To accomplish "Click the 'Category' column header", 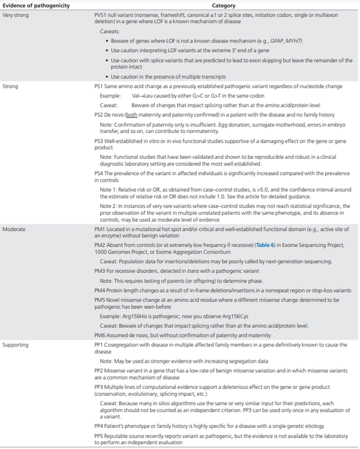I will point(219,5).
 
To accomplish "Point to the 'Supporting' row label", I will point(16,345).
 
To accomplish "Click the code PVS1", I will point(101,13).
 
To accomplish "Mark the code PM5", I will point(101,299).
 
